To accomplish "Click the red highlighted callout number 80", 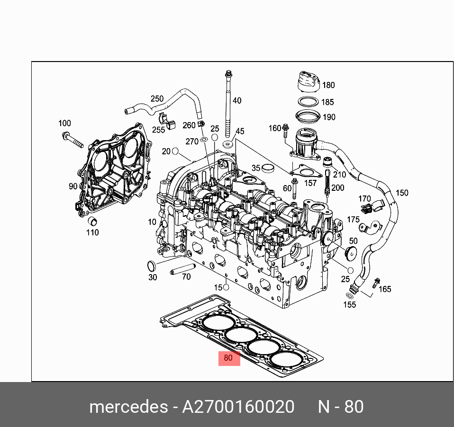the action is click(x=228, y=358).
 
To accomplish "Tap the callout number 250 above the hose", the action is click(x=157, y=99).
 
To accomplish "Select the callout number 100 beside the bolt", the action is click(x=64, y=124).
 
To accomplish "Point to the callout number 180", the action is click(x=328, y=85).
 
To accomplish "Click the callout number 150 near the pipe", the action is click(x=402, y=193).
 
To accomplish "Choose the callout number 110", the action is click(x=92, y=232).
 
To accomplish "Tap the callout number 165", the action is click(x=385, y=289).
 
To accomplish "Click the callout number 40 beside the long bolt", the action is click(x=237, y=100).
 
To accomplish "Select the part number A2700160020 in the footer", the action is click(x=238, y=407).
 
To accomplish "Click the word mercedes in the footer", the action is click(x=128, y=407).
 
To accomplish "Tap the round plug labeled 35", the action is click(x=269, y=168).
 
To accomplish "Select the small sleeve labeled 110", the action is click(x=93, y=222).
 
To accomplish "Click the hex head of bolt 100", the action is click(x=66, y=136).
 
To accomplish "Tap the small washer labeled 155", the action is click(x=349, y=296).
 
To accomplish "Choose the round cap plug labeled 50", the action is click(x=351, y=253).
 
